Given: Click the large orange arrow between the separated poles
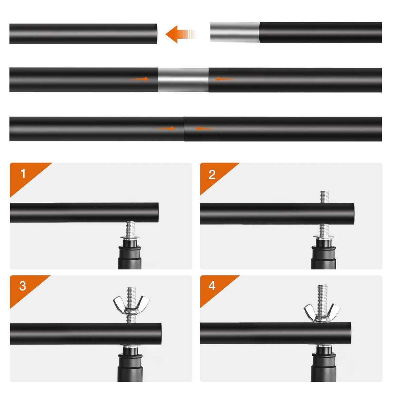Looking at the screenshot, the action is (x=181, y=34).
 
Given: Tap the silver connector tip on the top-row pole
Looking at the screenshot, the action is (x=235, y=32).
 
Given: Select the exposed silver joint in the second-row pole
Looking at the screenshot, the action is (x=183, y=80).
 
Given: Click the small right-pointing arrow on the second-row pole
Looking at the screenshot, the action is (x=140, y=79).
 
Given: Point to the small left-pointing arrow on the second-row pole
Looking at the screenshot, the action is (x=226, y=79).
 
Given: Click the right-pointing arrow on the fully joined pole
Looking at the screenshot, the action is (x=165, y=128).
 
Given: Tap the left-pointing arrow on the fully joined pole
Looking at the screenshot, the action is (x=206, y=128).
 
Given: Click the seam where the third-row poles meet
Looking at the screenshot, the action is (x=184, y=129).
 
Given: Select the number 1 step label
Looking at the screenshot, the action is (x=23, y=174).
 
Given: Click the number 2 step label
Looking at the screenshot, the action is (x=212, y=175).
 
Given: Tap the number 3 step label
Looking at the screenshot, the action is (x=23, y=286).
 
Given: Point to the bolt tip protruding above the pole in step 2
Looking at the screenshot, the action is (x=325, y=197).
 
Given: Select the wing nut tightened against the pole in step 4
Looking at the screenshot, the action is (x=322, y=313).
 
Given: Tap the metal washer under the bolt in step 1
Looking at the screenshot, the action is (x=130, y=238).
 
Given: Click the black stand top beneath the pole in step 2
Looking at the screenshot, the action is (x=324, y=253).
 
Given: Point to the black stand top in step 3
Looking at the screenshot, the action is (x=130, y=364).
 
